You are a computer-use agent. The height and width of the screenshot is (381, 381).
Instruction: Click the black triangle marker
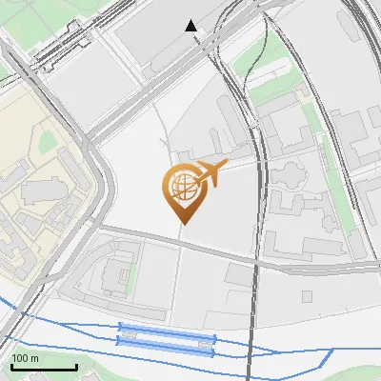click(x=192, y=27)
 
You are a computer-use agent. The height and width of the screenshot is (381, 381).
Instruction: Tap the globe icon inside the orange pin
click(x=181, y=187)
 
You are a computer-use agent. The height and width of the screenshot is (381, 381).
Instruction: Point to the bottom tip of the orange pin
click(x=183, y=224)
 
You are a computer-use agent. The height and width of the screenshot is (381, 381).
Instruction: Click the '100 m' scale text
click(x=25, y=358)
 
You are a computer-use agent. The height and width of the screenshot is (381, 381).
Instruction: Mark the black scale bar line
click(x=44, y=368)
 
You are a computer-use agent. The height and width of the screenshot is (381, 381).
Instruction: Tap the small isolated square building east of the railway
click(x=307, y=296)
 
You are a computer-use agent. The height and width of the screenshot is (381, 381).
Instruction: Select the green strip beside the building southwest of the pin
click(x=132, y=271)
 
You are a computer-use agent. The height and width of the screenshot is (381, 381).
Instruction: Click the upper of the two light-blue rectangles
click(x=167, y=336)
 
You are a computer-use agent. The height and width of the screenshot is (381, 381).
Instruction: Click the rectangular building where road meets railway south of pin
click(x=239, y=274)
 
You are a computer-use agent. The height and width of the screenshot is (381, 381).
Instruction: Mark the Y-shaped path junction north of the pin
click(x=167, y=143)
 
